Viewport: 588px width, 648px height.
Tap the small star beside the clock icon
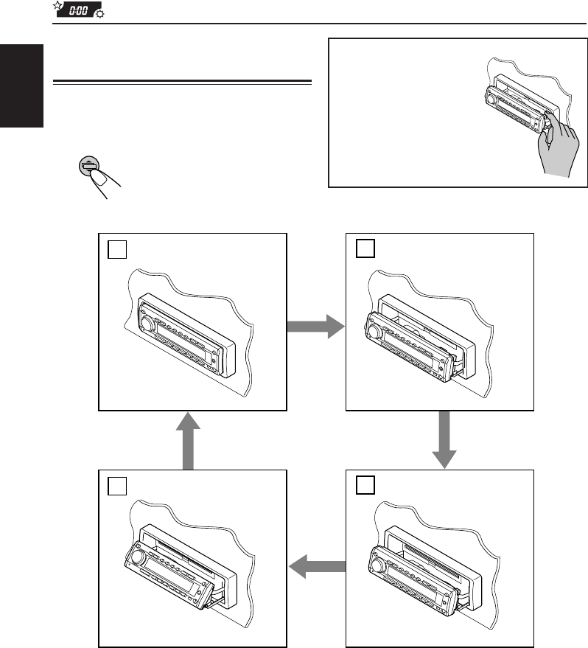(x=57, y=7)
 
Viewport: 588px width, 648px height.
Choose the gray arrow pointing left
(x=318, y=567)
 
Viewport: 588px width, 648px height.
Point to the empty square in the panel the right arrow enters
(x=365, y=249)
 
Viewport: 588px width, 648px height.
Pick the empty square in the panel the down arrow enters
(x=365, y=485)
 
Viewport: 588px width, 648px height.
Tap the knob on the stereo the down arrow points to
(x=378, y=567)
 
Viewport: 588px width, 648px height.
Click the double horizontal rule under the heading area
(x=184, y=80)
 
